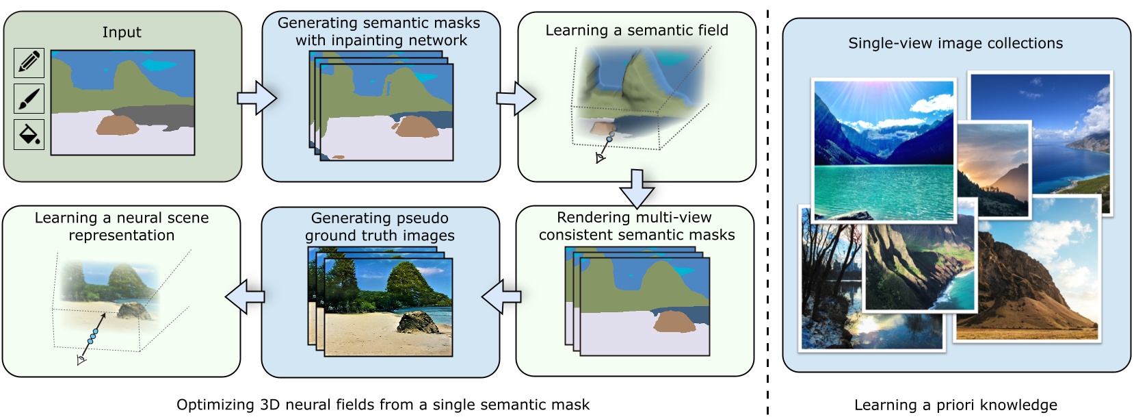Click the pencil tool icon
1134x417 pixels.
[x=29, y=63]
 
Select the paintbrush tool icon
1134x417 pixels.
[x=29, y=99]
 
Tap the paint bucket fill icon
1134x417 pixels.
[x=29, y=135]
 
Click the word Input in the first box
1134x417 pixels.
[x=122, y=32]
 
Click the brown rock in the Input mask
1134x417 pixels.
[x=118, y=125]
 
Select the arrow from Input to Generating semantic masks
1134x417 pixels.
[x=256, y=98]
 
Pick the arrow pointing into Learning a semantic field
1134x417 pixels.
[x=514, y=98]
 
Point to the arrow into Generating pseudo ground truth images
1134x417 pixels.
[x=502, y=297]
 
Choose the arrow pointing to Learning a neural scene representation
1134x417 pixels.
[x=245, y=296]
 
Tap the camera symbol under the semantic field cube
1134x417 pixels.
[x=600, y=158]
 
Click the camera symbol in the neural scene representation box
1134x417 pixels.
[x=81, y=359]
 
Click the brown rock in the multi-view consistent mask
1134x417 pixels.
[x=674, y=322]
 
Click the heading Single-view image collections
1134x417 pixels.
[x=955, y=43]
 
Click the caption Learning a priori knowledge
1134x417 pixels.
[x=955, y=405]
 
